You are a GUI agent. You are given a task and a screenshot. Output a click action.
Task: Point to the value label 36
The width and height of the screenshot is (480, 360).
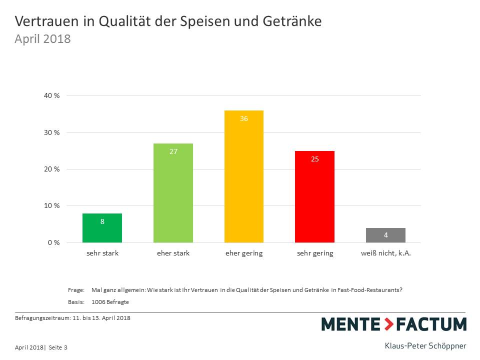tap(244, 119)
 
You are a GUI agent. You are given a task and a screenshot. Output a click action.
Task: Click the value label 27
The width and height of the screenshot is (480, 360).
tap(173, 151)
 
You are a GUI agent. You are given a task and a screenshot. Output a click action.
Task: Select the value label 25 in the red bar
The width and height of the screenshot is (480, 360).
tap(315, 159)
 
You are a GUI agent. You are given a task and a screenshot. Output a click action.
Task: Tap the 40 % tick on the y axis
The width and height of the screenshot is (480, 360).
tap(52, 95)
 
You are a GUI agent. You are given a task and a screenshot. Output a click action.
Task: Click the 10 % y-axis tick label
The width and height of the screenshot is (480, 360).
tap(52, 206)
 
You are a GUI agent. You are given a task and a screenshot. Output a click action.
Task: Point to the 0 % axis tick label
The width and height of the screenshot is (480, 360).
tap(54, 242)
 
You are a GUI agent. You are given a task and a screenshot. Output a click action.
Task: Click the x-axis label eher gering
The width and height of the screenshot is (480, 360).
tap(244, 253)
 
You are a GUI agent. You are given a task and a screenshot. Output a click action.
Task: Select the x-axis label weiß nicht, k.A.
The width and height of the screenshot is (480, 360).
tap(385, 253)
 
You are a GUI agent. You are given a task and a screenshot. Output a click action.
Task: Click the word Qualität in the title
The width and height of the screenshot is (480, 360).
tap(124, 21)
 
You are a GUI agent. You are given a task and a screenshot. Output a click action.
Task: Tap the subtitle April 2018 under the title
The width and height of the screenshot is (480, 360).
tap(42, 38)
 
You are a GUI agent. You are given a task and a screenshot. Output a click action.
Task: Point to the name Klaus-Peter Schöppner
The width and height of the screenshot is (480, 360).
tap(425, 345)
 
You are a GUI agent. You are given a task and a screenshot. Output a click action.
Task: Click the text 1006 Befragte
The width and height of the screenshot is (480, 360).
tap(110, 301)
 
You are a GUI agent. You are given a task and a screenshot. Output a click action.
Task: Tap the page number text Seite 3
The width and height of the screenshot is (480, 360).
tap(58, 347)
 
